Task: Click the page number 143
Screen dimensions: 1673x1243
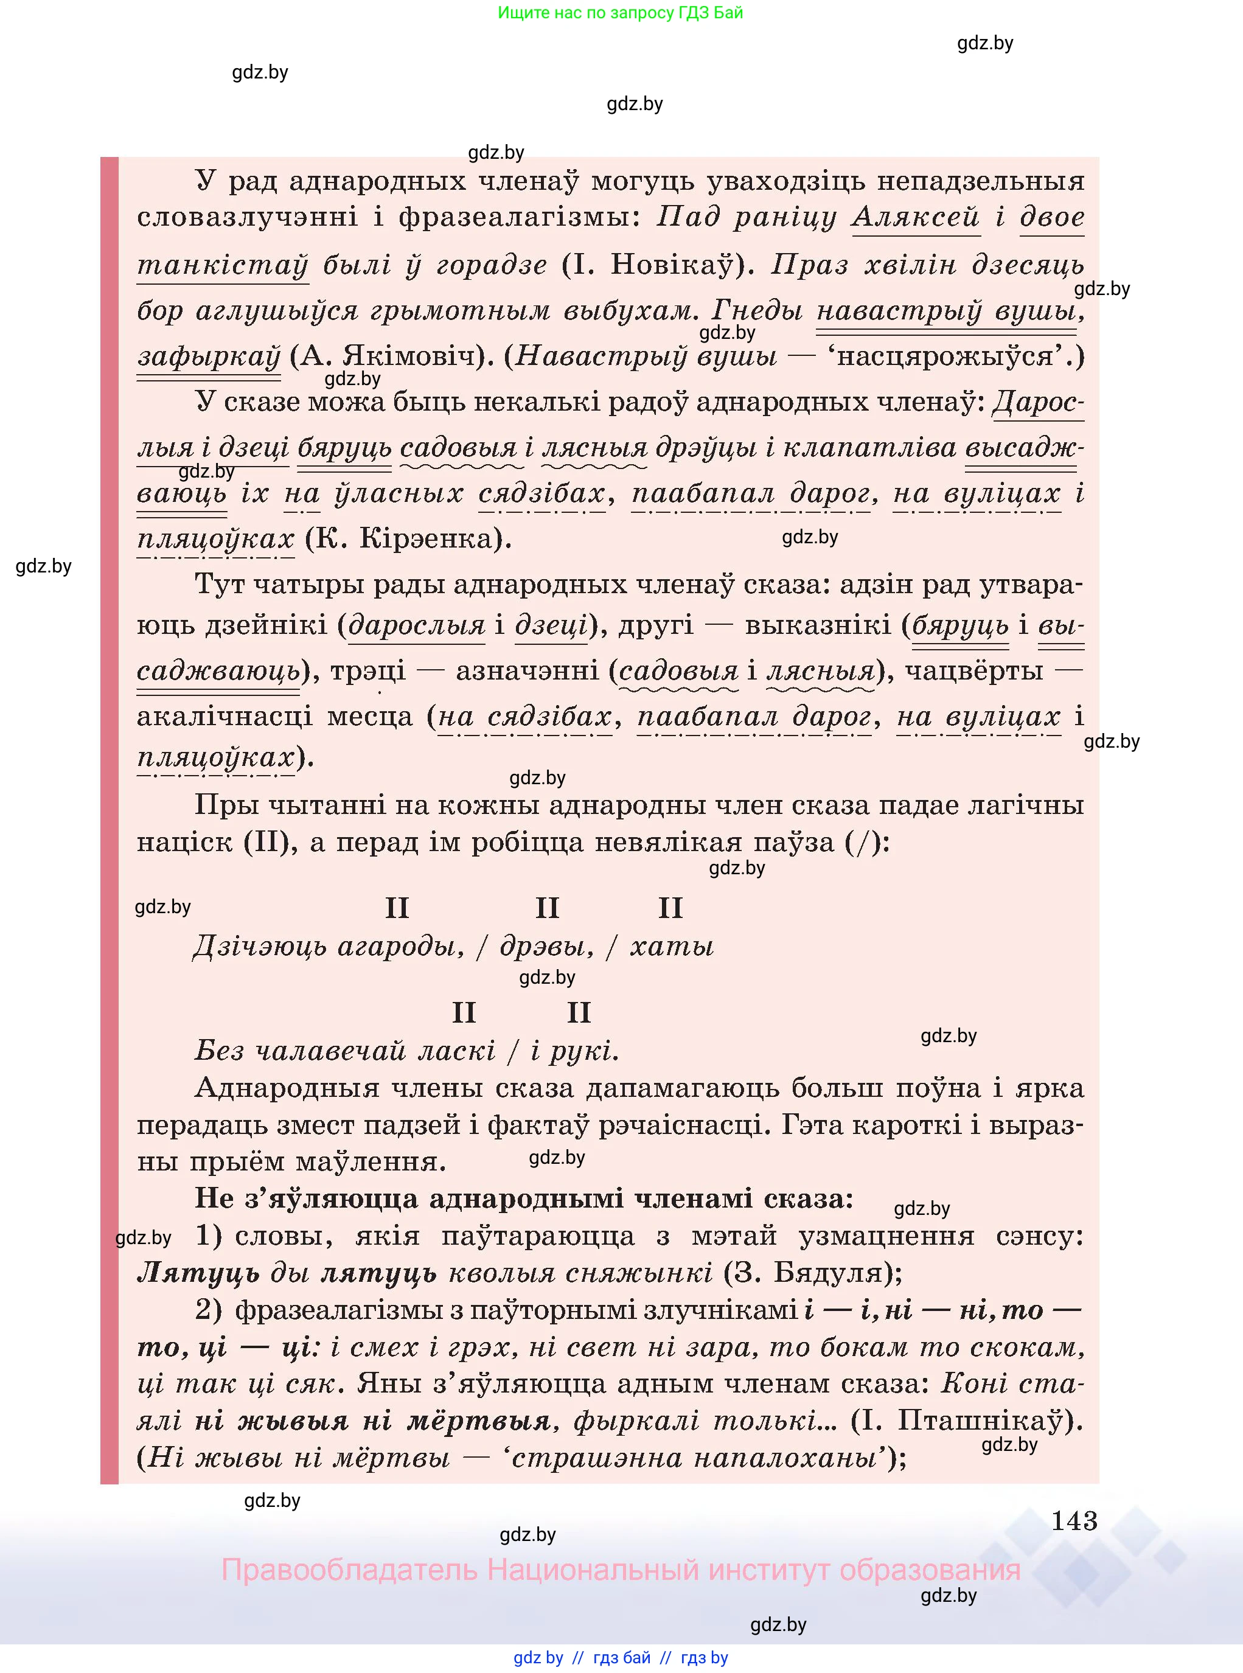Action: pyautogui.click(x=1074, y=1520)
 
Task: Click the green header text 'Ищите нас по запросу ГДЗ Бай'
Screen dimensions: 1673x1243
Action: pyautogui.click(x=620, y=13)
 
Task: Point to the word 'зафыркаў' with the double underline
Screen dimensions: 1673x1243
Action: pyautogui.click(x=209, y=356)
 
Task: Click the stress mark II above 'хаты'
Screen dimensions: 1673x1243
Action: pyautogui.click(x=670, y=908)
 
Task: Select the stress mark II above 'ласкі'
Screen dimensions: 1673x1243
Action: pyautogui.click(x=464, y=1012)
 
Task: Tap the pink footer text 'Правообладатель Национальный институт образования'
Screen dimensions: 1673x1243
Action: pyautogui.click(x=620, y=1571)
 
